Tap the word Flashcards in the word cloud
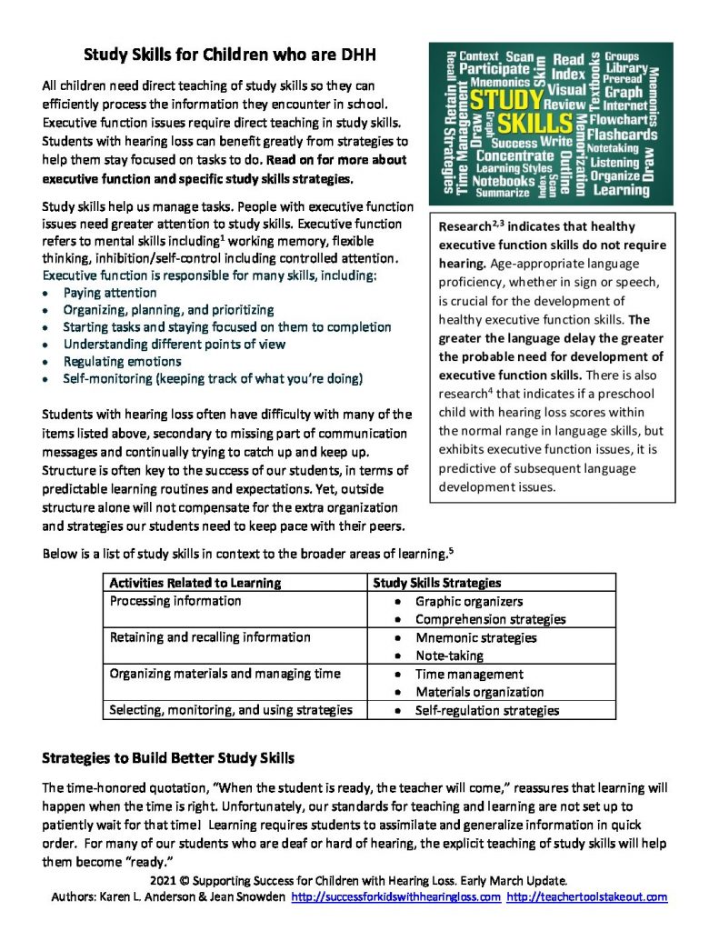pos(622,134)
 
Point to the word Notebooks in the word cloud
pos(504,180)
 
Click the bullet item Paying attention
pos(109,293)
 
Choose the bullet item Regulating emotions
pos(122,361)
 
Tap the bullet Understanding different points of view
pos(174,344)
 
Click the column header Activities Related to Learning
pos(195,583)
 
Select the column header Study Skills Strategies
pos(436,583)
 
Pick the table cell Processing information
pos(175,601)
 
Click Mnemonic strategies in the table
pos(475,637)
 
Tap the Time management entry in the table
pos(469,674)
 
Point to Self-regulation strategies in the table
pos(487,710)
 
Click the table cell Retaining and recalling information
pos(210,637)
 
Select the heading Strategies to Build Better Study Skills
pos(168,757)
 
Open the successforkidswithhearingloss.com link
pos(395,896)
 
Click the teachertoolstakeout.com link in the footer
pos(586,896)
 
